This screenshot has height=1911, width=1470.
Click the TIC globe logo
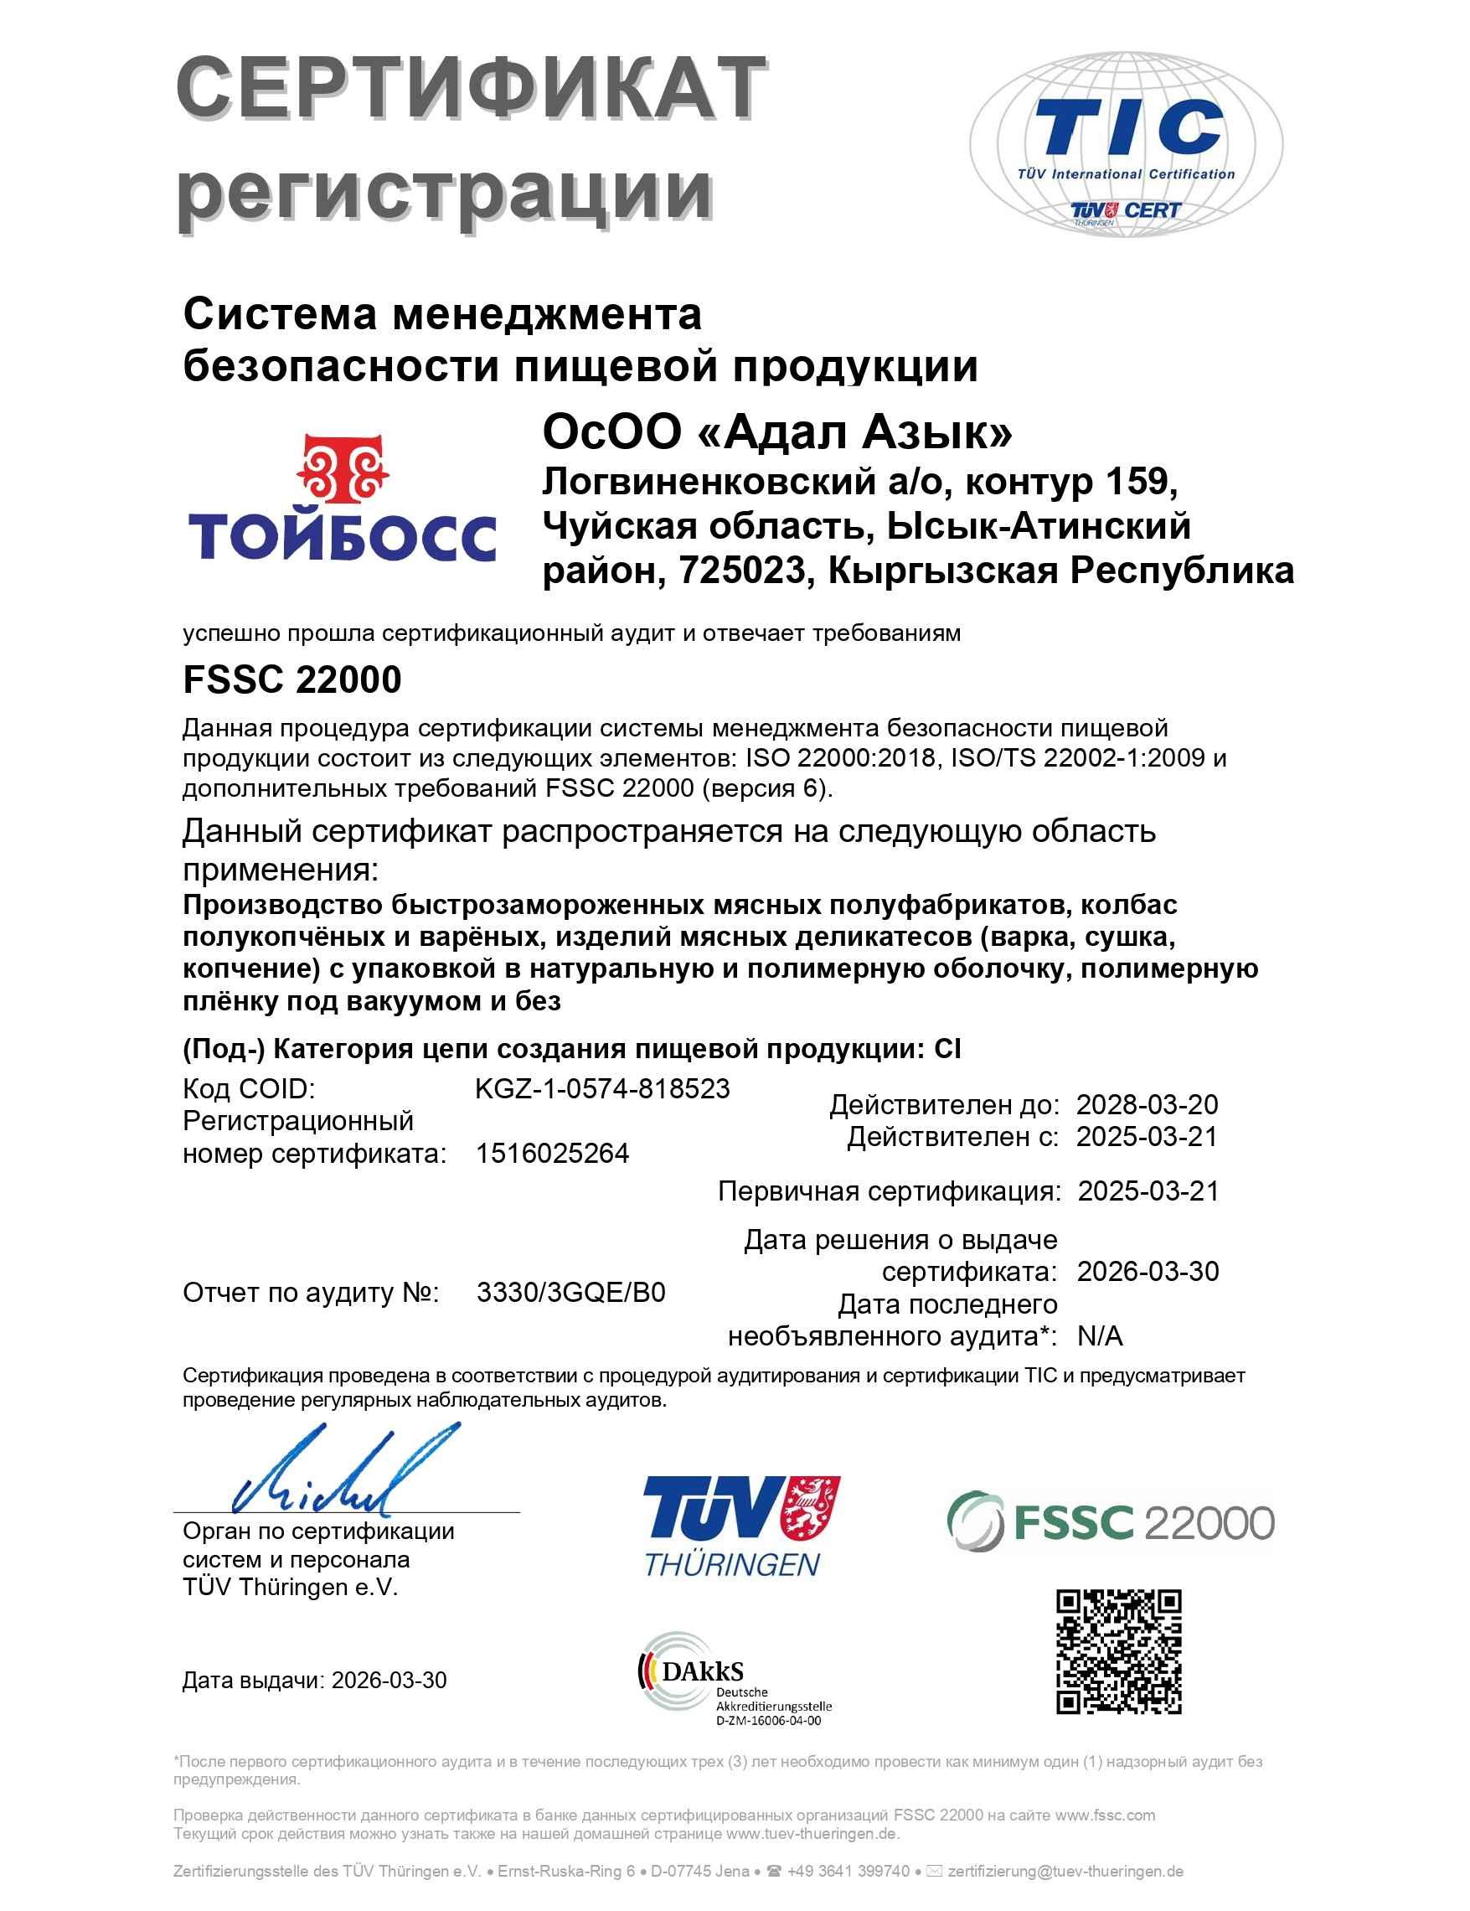(1126, 144)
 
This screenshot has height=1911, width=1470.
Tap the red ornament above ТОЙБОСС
(342, 469)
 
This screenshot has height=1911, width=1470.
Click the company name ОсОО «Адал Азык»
(777, 431)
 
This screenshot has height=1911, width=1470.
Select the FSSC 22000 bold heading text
(292, 680)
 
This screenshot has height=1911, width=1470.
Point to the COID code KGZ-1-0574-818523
(602, 1088)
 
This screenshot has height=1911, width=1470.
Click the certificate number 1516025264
(552, 1154)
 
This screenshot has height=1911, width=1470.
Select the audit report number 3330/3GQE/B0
(570, 1293)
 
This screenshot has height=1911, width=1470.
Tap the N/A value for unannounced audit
(1100, 1336)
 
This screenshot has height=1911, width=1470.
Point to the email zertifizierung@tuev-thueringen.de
(1065, 1872)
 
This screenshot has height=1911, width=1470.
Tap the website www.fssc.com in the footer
(1105, 1815)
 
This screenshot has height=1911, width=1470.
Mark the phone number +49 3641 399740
(848, 1872)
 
